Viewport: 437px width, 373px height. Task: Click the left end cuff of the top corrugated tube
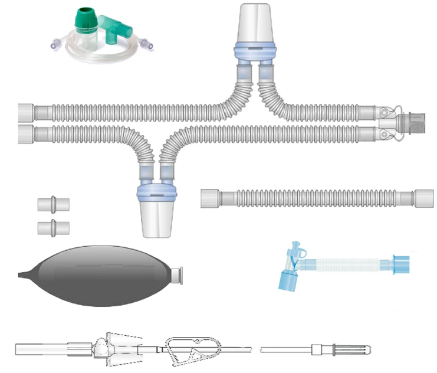pyautogui.click(x=26, y=112)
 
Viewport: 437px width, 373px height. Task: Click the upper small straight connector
pyautogui.click(x=53, y=205)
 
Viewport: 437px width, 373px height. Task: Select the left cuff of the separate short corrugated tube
pyautogui.click(x=210, y=197)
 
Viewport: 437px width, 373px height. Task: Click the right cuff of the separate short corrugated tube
pyautogui.click(x=423, y=197)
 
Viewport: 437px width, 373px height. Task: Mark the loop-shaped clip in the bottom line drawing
pyautogui.click(x=186, y=348)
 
